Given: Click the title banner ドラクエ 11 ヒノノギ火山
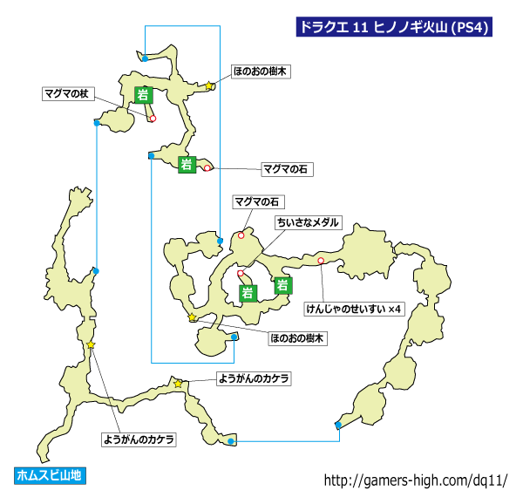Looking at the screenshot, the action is click(394, 27).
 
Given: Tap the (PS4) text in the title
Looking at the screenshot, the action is click(470, 27).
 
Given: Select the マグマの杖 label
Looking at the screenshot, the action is click(68, 93).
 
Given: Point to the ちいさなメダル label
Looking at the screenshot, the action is click(309, 222).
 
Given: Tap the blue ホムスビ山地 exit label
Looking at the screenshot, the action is click(50, 475).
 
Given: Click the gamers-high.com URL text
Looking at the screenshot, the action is click(416, 480).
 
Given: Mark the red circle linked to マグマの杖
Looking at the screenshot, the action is click(153, 118).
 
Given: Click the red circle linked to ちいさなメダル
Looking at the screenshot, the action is click(241, 274).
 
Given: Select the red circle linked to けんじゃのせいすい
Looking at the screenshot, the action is click(321, 261).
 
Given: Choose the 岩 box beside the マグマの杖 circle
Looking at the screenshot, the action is click(144, 95).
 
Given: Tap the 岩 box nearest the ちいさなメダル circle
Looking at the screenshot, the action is click(248, 294).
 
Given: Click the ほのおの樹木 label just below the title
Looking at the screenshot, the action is click(261, 71).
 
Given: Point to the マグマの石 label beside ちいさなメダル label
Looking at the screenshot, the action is click(259, 202).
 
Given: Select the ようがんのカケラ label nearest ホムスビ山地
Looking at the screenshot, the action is click(139, 439).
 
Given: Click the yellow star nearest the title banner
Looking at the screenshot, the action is click(209, 85).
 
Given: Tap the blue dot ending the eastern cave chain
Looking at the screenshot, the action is click(338, 425).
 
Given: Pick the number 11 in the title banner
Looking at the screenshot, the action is click(360, 27).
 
